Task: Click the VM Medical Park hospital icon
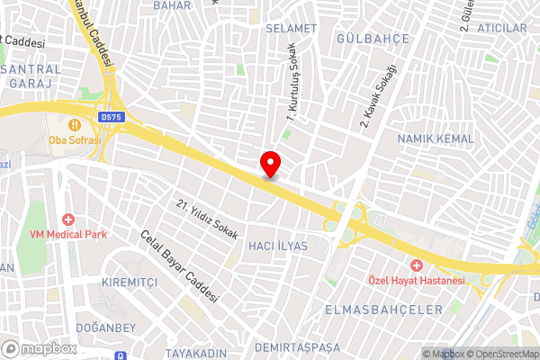click(x=67, y=220)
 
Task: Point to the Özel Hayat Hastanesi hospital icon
click(x=416, y=265)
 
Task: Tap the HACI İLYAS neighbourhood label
click(x=277, y=246)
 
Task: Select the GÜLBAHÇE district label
click(x=372, y=39)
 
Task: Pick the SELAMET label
click(x=292, y=29)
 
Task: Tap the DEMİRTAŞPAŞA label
click(x=298, y=346)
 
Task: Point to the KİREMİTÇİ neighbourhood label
click(x=130, y=282)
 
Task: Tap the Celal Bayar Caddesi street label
click(x=180, y=267)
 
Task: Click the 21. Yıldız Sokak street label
click(x=207, y=219)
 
